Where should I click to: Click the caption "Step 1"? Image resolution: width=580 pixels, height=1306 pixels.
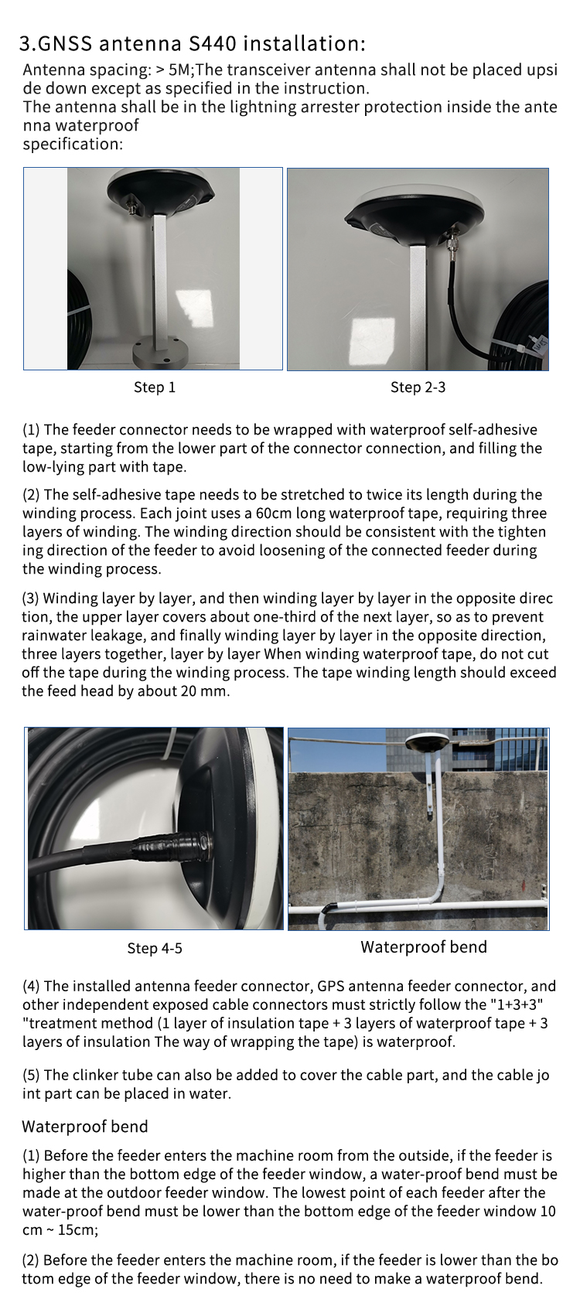[155, 387]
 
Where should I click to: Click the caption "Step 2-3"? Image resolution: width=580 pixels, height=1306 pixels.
[418, 387]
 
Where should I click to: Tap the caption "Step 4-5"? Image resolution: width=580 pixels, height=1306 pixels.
[155, 948]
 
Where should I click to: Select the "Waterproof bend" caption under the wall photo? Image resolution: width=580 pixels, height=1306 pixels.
[424, 947]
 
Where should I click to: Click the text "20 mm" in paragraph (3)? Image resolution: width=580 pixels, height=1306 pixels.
[205, 691]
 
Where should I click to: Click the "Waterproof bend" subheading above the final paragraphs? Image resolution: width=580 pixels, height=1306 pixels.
[85, 1126]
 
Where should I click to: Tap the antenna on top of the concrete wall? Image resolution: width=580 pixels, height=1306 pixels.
[429, 744]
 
